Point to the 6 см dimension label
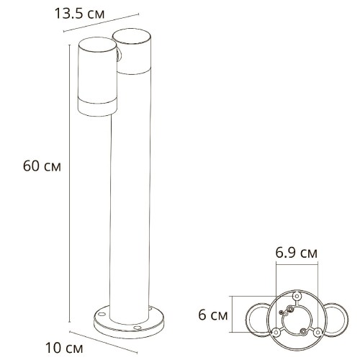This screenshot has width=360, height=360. point(214,315)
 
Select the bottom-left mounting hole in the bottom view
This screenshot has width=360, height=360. point(274,331)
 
